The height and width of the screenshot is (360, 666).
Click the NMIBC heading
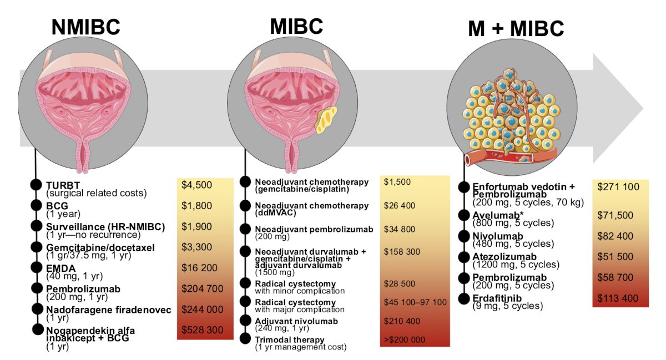(x=86, y=27)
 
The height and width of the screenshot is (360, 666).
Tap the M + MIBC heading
(x=516, y=28)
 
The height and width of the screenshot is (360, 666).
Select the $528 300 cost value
(x=202, y=329)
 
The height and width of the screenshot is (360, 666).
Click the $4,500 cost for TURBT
(x=196, y=185)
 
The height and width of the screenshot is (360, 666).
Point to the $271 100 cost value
(x=618, y=187)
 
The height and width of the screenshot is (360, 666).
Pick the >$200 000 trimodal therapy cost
(x=405, y=339)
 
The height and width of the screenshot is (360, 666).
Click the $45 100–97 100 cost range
(x=415, y=302)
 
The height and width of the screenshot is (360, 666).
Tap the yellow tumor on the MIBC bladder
(x=326, y=120)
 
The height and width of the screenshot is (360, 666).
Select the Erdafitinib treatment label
(x=497, y=298)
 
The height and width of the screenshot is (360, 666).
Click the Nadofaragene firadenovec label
(x=109, y=310)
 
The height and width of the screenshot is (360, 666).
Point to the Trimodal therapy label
(x=290, y=339)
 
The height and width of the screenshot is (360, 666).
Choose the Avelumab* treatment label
(x=498, y=215)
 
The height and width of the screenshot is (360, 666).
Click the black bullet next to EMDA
(x=36, y=267)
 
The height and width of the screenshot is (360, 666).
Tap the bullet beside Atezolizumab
(x=464, y=257)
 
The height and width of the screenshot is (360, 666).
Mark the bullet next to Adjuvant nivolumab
(x=245, y=320)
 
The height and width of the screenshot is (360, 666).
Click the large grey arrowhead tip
(x=643, y=108)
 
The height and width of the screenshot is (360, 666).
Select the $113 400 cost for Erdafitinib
(x=618, y=298)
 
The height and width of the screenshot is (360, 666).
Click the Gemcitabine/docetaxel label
(x=100, y=247)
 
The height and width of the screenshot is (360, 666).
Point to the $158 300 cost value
(x=402, y=251)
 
